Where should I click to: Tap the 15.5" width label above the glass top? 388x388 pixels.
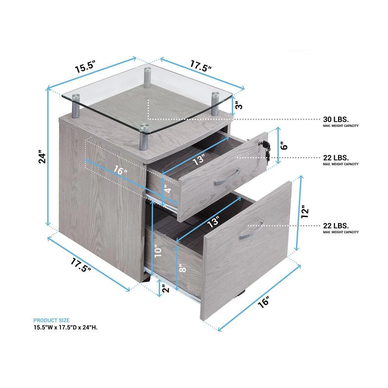coord(85,67)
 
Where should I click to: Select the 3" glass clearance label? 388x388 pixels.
coord(239,106)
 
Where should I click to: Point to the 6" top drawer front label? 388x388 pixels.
coord(284,146)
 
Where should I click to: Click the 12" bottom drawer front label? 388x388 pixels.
coord(305,211)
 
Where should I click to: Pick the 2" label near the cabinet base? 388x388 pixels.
coord(166,288)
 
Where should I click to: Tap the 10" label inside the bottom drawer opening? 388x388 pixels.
coord(158,251)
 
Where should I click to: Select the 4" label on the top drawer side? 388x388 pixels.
coord(168,190)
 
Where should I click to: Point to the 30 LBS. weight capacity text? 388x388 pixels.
coord(336,119)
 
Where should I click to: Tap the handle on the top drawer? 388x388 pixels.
coord(227,177)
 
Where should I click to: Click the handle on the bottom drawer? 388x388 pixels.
coord(252,229)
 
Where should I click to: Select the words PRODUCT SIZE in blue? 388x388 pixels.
coord(52,320)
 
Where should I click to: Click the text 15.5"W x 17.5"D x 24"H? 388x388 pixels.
coord(66,327)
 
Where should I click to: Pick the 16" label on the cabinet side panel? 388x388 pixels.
coord(121,170)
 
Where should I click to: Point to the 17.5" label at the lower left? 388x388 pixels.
coord(81,265)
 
